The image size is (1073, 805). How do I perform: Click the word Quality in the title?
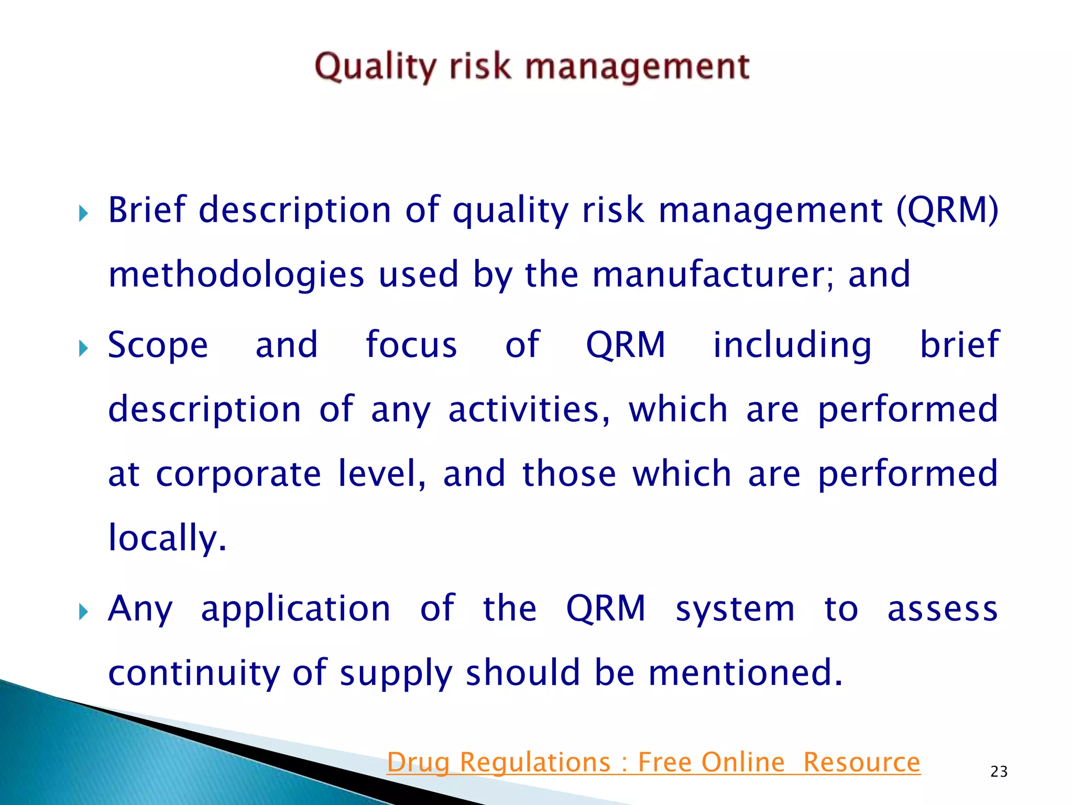click(375, 67)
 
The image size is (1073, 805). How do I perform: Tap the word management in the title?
click(637, 67)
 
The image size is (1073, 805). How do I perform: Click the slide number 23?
click(999, 771)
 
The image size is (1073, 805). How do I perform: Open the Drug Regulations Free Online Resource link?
click(653, 762)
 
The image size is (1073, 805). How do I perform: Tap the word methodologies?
click(236, 275)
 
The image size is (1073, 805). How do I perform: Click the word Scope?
click(158, 346)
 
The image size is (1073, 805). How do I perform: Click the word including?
click(792, 346)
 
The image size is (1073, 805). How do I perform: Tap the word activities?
click(529, 410)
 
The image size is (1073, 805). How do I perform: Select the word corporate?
click(238, 475)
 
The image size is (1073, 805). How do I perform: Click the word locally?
click(167, 539)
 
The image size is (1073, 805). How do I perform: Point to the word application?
click(295, 610)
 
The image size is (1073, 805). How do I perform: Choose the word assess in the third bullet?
click(942, 610)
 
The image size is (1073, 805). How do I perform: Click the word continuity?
click(194, 674)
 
